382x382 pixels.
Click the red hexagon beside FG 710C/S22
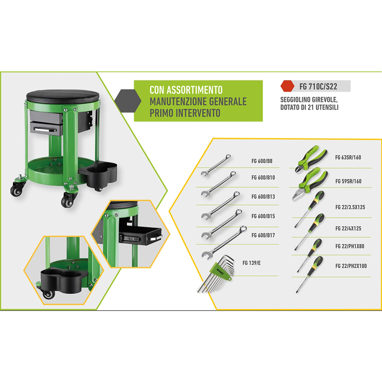(x=288, y=86)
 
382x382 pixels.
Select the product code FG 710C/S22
(x=318, y=86)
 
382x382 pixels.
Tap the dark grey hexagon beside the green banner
(x=128, y=101)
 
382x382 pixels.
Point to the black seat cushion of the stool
(x=63, y=96)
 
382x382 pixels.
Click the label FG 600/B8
(x=262, y=161)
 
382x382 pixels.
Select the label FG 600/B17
(x=263, y=235)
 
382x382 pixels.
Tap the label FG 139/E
(x=251, y=263)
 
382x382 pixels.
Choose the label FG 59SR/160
(x=348, y=181)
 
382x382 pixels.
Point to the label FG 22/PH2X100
(x=351, y=266)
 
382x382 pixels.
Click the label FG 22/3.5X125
(x=350, y=207)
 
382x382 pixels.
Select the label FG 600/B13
(x=263, y=197)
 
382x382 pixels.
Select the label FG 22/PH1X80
(x=350, y=246)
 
